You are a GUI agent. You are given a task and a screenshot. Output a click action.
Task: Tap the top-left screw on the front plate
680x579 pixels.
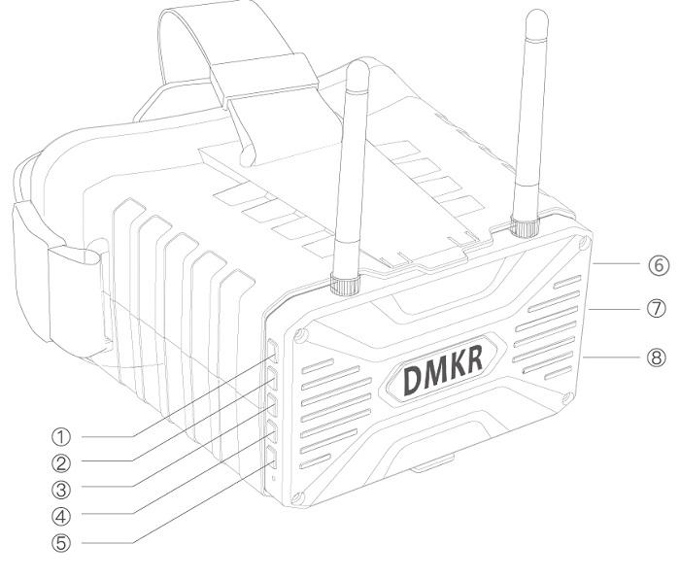301,336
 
